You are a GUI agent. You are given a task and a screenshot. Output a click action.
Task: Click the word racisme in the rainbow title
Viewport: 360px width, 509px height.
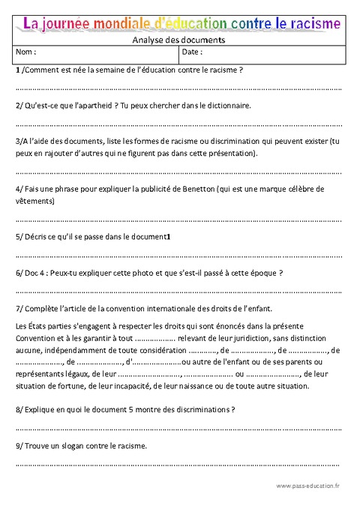(309, 24)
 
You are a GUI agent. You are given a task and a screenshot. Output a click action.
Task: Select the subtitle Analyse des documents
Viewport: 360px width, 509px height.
(178, 40)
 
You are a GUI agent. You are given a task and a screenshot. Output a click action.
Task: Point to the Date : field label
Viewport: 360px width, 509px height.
(193, 53)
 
